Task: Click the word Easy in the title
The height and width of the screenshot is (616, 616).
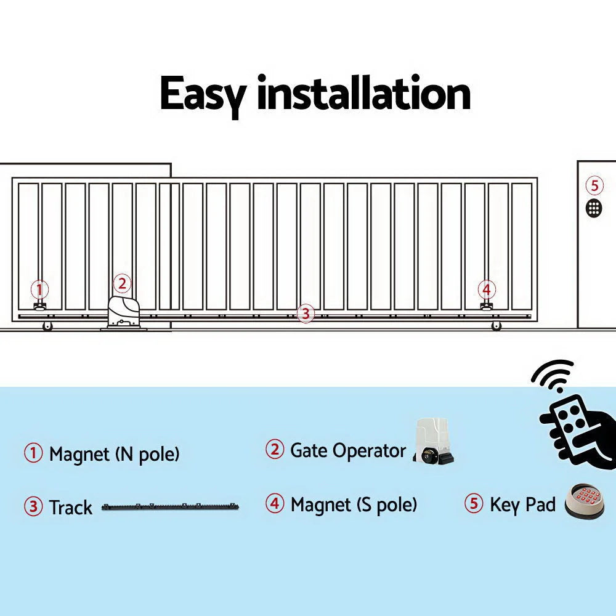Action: coord(203,94)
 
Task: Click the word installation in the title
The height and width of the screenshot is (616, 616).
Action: coord(363,93)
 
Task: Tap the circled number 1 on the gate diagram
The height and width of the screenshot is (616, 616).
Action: coord(39,289)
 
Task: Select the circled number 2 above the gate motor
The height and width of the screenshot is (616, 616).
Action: coord(122,283)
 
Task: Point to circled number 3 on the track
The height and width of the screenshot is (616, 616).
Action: coord(305,313)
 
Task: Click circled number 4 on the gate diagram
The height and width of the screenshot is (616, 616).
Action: coord(487,289)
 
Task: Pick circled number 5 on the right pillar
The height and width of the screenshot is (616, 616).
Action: coord(594,185)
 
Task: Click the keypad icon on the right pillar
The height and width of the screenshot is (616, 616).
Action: coord(594,208)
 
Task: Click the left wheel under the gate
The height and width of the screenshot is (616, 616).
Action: coord(47,326)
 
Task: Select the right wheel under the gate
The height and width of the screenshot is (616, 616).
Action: coord(496,326)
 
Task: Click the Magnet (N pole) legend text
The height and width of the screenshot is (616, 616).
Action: coord(114,455)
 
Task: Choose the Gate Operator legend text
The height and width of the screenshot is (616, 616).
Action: coord(347,450)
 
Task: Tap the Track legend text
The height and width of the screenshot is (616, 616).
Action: coord(70,508)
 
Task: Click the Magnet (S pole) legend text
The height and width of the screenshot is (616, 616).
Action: coord(354,505)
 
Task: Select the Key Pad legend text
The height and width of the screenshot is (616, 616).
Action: coord(522,505)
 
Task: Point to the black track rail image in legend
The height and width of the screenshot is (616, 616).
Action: coord(170,508)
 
